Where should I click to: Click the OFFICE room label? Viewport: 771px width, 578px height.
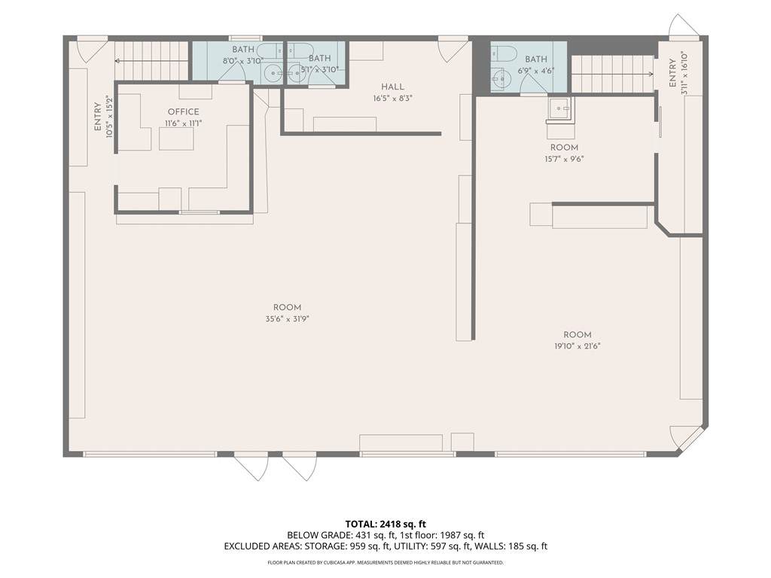coord(184,111)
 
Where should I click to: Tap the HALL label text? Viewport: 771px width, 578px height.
coord(392,87)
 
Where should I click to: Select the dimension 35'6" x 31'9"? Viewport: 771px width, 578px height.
coord(287,319)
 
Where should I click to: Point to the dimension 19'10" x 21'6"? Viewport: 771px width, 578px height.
coord(577,346)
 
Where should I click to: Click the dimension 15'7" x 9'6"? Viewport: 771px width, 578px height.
coord(564,159)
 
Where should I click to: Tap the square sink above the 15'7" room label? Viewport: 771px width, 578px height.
coord(559,108)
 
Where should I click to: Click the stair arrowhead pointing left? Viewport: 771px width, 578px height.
coord(117,61)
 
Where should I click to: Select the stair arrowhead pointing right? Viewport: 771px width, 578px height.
coord(651,75)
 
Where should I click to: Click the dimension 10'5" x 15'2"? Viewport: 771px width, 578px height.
coord(108,117)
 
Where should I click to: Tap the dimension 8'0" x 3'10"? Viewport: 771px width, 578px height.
coord(243,61)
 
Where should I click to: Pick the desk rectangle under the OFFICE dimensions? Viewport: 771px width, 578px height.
coord(176,139)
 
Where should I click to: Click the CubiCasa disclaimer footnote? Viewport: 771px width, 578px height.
coord(385,562)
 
